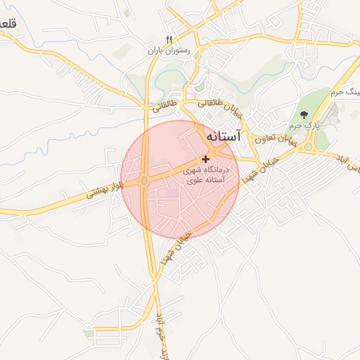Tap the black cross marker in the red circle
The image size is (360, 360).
click(205, 160)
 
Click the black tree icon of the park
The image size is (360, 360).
click(304, 114)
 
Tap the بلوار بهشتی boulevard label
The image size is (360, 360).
click(101, 190)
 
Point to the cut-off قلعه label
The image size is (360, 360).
click(7, 24)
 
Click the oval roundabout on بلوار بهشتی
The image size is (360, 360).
click(144, 181)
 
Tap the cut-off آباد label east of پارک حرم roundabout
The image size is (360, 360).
click(349, 172)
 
